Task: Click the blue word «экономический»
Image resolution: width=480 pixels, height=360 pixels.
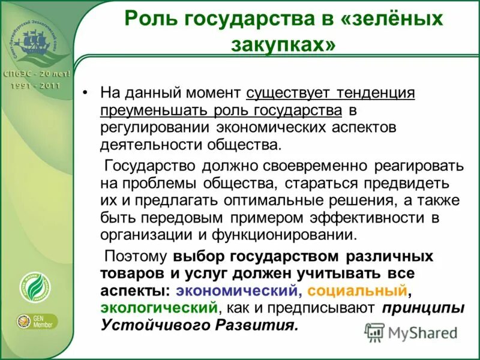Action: [x=238, y=291]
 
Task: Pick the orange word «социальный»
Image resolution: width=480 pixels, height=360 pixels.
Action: [x=358, y=291]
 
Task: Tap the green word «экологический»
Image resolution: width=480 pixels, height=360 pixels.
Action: [x=158, y=308]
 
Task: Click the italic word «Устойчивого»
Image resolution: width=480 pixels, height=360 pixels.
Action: [x=145, y=326]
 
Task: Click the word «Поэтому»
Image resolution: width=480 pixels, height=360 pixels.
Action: [x=136, y=256]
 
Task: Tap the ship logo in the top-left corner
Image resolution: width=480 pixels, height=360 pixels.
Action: [x=35, y=42]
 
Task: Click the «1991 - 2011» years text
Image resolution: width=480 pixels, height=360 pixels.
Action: [x=35, y=85]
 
